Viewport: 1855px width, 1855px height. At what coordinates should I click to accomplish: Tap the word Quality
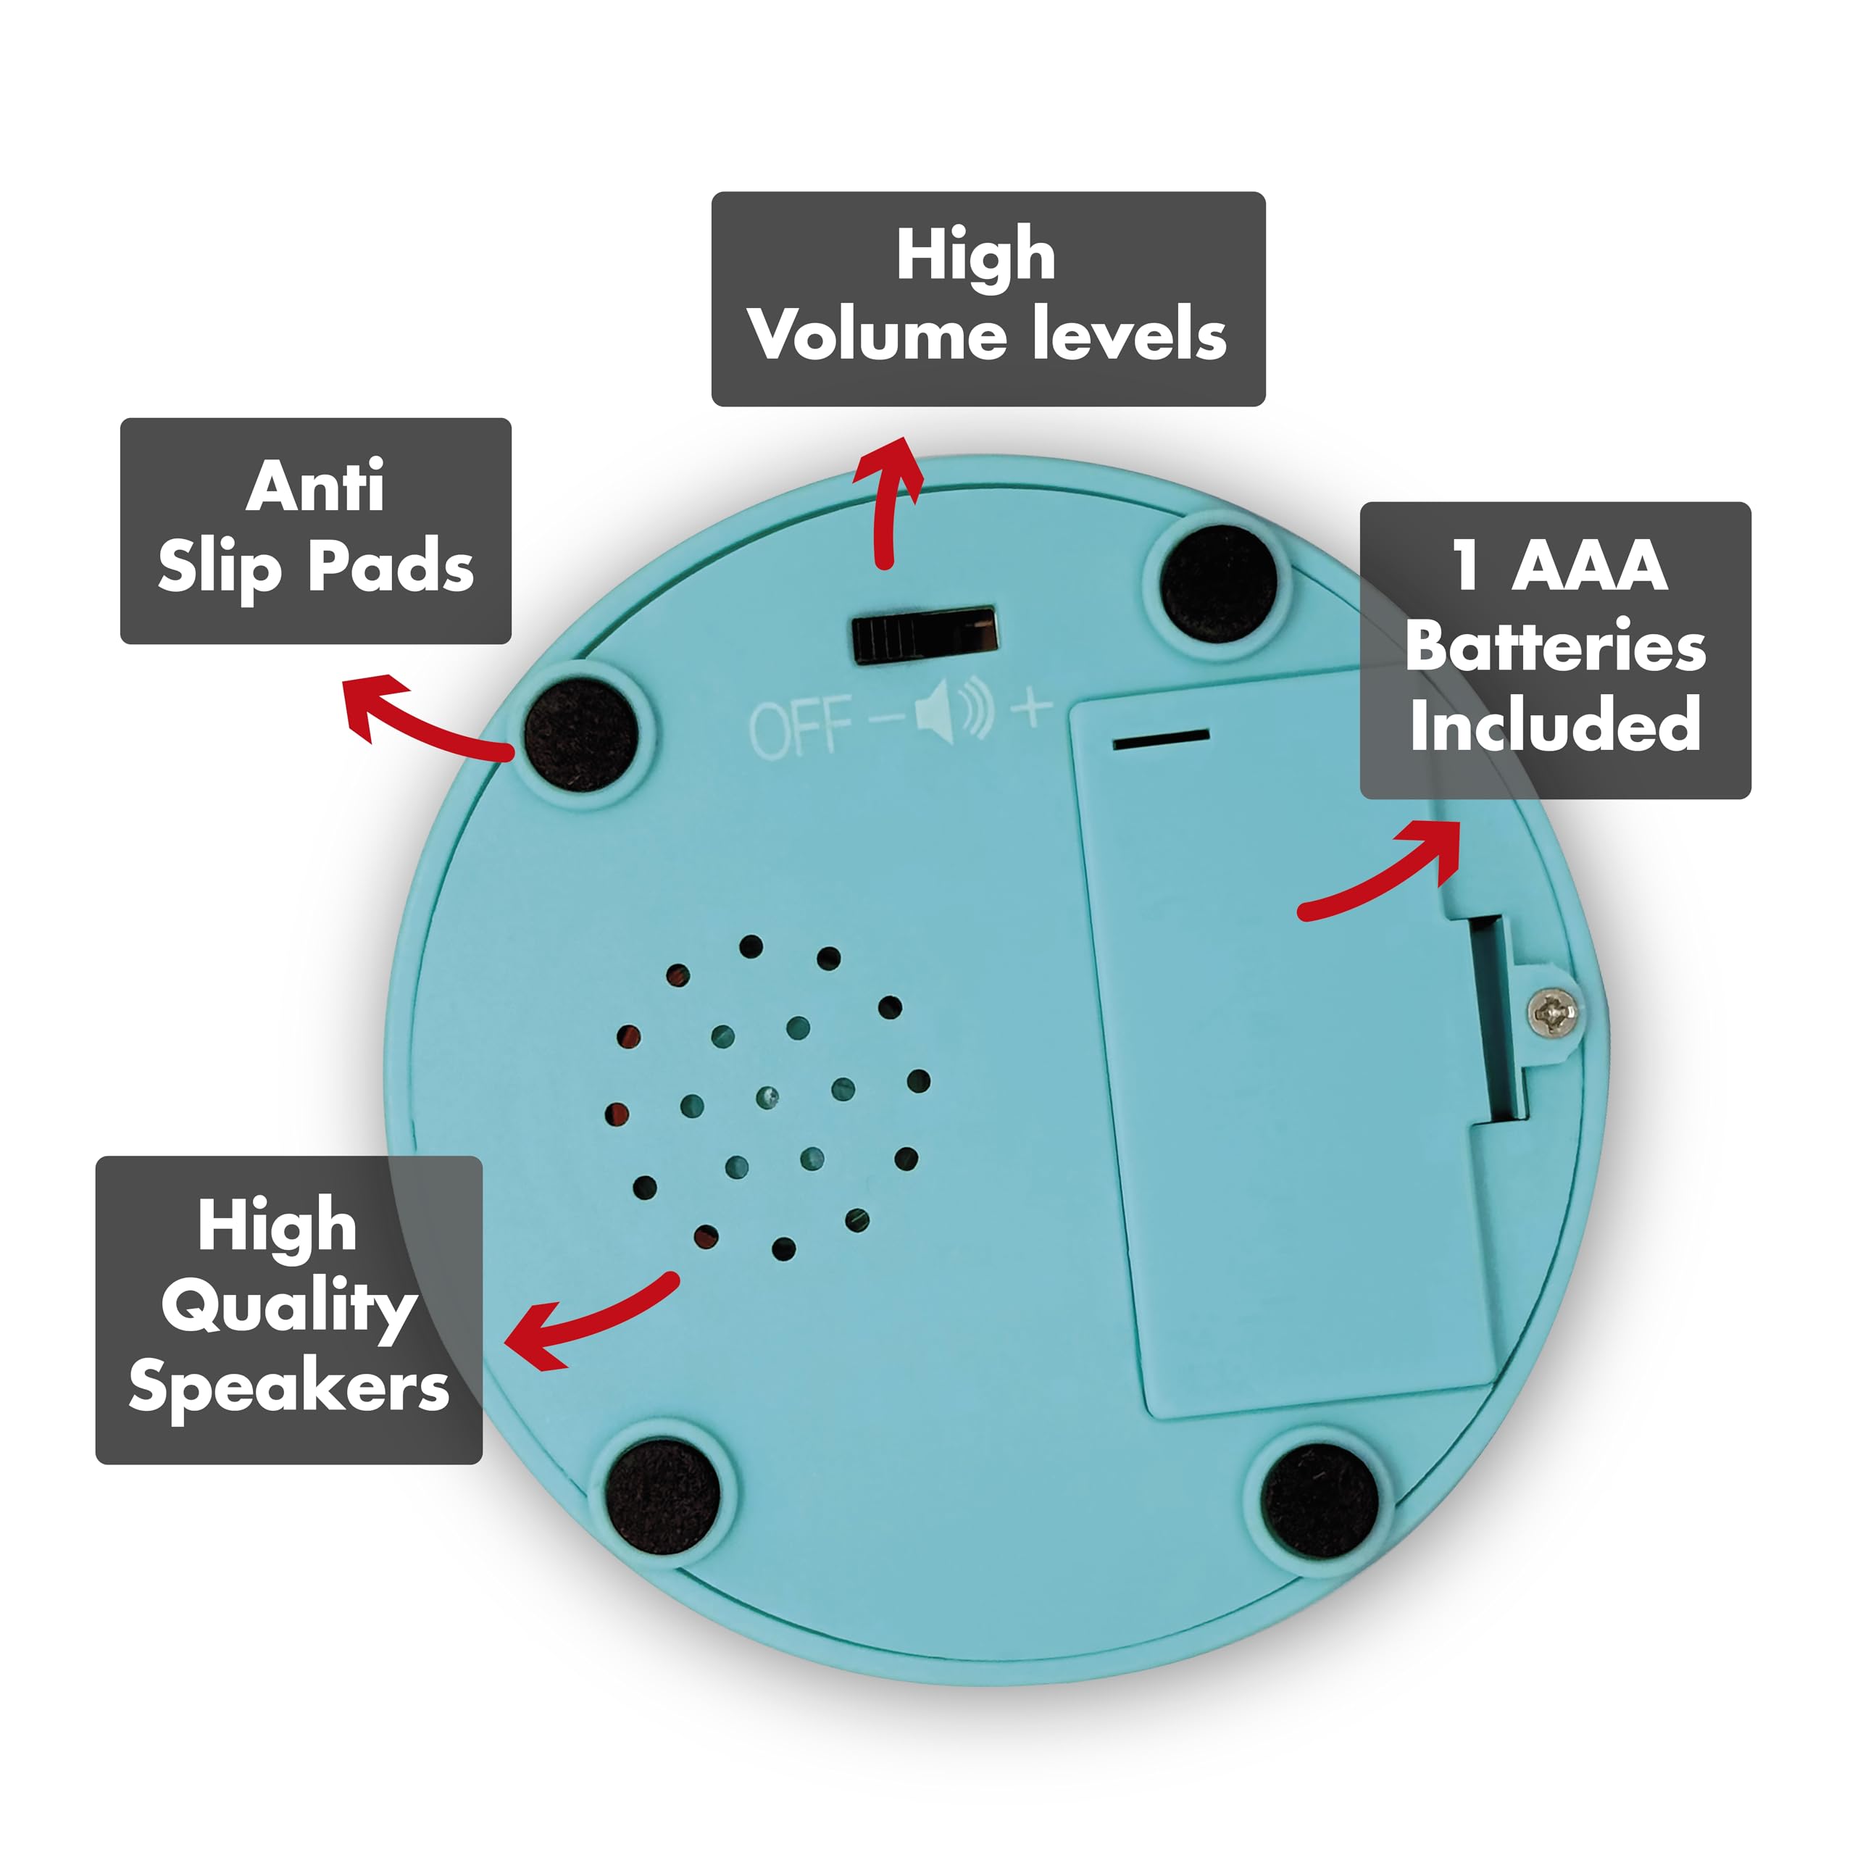[289, 1309]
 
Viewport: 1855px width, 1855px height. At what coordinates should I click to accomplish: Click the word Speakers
[289, 1388]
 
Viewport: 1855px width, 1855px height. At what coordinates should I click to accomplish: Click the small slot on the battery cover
[1161, 738]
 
